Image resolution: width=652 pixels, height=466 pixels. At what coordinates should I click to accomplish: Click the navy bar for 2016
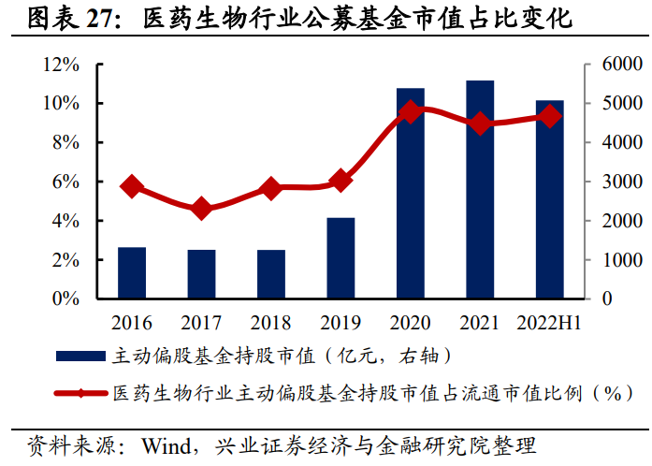tap(132, 273)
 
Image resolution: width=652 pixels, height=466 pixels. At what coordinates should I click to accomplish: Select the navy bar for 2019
tap(340, 258)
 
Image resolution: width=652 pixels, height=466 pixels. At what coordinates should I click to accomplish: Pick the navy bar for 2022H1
tap(550, 199)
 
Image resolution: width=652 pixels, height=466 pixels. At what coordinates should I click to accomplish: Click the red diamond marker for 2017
tap(201, 209)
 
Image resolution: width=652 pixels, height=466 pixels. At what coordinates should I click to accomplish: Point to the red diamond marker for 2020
tap(410, 112)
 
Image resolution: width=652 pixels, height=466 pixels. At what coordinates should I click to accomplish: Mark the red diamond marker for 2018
tap(270, 188)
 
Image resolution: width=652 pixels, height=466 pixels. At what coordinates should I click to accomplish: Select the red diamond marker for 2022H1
tap(550, 116)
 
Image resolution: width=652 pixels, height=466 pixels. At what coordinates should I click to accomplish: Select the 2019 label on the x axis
tap(340, 323)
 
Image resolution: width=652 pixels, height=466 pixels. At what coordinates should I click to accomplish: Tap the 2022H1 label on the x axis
tap(550, 323)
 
